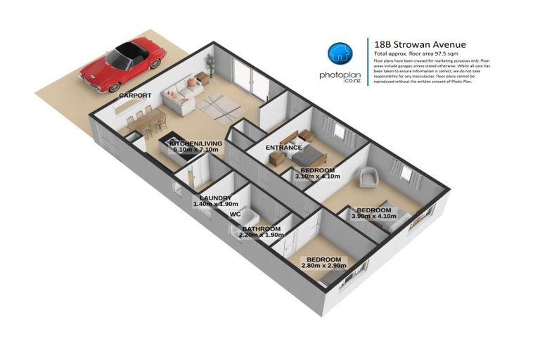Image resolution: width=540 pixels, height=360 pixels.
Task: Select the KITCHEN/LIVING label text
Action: click(195, 143)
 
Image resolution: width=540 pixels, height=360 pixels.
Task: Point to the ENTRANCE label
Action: click(283, 148)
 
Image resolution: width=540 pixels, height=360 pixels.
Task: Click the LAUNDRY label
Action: click(215, 198)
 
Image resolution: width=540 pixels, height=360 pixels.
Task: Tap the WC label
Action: click(236, 215)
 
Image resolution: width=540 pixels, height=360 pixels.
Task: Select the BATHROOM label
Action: click(262, 229)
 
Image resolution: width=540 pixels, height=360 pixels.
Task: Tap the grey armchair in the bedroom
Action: click(368, 177)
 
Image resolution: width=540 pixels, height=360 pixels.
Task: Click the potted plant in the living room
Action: click(210, 65)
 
